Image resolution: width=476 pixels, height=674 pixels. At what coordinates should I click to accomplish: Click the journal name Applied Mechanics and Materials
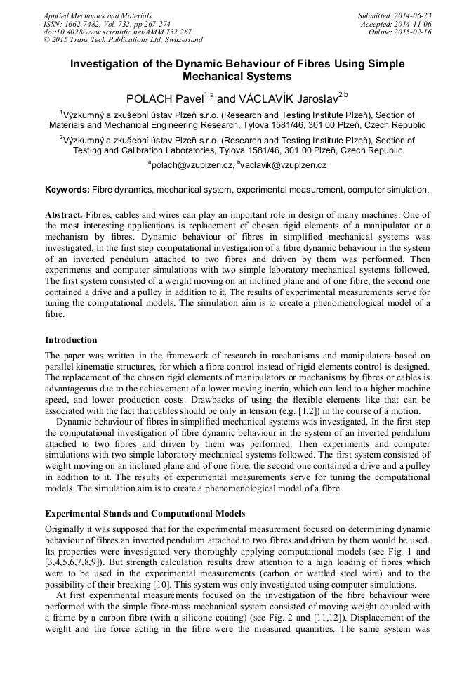click(x=97, y=15)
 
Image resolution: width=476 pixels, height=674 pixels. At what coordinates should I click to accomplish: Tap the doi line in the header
click(x=117, y=32)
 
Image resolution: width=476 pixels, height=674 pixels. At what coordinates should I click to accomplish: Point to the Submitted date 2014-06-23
click(x=395, y=15)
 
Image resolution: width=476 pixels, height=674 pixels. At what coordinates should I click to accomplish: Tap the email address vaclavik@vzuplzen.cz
click(x=284, y=165)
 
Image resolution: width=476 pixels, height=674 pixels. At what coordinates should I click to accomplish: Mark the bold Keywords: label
click(x=67, y=190)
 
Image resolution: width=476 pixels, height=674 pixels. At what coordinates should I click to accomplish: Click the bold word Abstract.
click(x=64, y=214)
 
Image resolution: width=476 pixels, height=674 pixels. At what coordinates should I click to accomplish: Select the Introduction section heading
click(x=71, y=340)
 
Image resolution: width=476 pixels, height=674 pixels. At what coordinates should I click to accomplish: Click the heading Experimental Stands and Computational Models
click(x=145, y=514)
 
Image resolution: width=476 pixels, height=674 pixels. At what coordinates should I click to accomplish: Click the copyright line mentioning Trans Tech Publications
click(x=122, y=41)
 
